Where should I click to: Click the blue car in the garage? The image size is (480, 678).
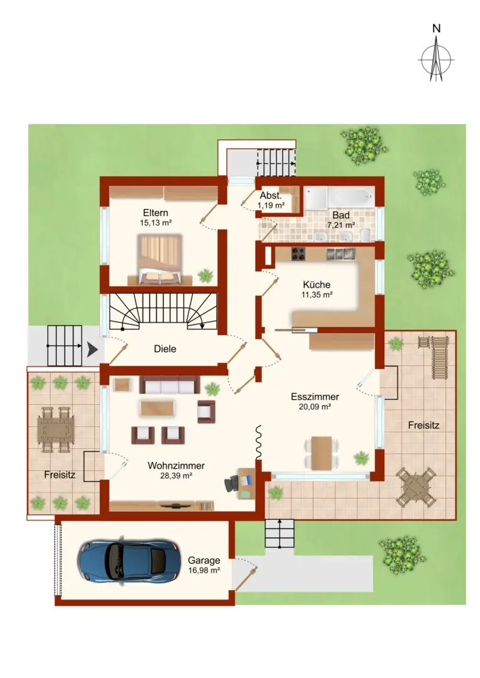[129, 561]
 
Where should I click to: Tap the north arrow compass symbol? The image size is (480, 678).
[436, 58]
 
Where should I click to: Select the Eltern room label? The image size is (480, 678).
[155, 213]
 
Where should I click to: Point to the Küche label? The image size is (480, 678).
[317, 284]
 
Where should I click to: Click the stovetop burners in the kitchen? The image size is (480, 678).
[298, 254]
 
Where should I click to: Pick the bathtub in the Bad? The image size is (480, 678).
[351, 198]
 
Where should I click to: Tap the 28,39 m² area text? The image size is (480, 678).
[176, 476]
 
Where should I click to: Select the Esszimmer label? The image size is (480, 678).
[315, 397]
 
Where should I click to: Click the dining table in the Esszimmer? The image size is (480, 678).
[321, 453]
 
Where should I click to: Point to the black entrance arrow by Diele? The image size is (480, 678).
[92, 350]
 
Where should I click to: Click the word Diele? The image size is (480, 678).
[165, 349]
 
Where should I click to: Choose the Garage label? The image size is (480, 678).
[204, 561]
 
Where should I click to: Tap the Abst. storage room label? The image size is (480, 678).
[271, 195]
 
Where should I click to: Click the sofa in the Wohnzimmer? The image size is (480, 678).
[169, 385]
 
